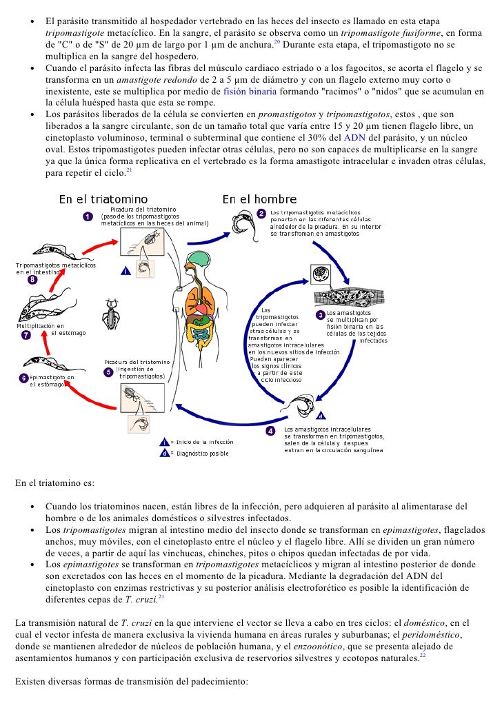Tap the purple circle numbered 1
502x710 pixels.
pyautogui.click(x=88, y=216)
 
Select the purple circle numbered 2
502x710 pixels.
pyautogui.click(x=261, y=213)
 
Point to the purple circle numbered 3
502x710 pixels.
pyautogui.click(x=320, y=315)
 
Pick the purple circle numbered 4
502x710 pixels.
pyautogui.click(x=271, y=431)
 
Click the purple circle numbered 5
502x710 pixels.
pyautogui.click(x=108, y=372)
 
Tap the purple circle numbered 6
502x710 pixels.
pyautogui.click(x=23, y=378)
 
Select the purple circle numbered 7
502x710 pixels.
pyautogui.click(x=26, y=335)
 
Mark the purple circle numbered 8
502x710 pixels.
pyautogui.click(x=32, y=280)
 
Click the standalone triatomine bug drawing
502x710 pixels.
pyautogui.click(x=110, y=314)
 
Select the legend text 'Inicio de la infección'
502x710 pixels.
pyautogui.click(x=205, y=442)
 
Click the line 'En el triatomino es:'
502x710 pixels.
pyautogui.click(x=54, y=483)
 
